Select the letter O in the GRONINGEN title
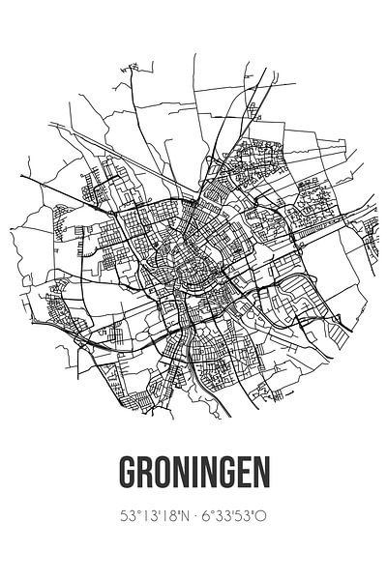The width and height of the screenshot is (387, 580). (161, 473)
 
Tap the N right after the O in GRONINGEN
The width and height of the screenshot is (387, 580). (179, 473)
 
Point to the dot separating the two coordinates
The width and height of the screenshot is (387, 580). (194, 515)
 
